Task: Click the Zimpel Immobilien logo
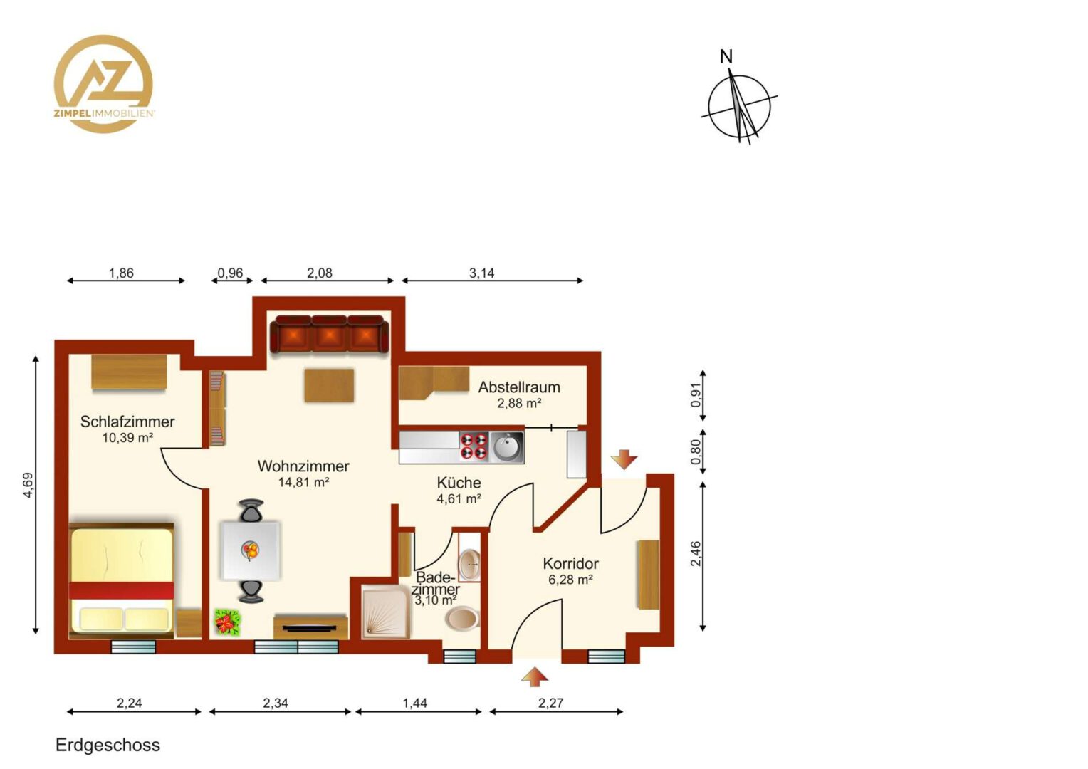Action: click(104, 83)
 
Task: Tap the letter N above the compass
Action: click(726, 57)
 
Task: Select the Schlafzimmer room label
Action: click(127, 422)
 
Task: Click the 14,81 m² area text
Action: click(303, 482)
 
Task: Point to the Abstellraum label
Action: click(519, 387)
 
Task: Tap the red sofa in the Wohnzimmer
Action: click(330, 334)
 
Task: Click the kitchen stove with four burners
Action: click(474, 446)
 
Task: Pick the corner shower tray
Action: click(387, 611)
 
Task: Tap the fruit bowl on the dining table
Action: click(251, 551)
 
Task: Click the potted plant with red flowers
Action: click(228, 623)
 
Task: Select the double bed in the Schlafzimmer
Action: click(122, 581)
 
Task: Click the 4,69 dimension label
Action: click(28, 486)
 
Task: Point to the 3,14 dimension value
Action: click(482, 273)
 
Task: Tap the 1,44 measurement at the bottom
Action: click(415, 703)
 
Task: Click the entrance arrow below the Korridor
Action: click(535, 676)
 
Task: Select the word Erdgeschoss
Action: click(108, 746)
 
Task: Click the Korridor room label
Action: click(571, 563)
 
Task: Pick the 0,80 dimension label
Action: click(696, 451)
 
